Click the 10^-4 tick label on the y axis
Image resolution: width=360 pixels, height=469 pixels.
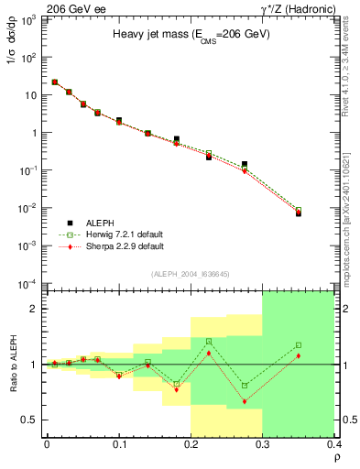(29, 283)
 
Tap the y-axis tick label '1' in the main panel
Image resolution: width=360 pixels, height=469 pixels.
(36, 133)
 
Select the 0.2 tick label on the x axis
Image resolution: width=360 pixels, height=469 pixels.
(191, 444)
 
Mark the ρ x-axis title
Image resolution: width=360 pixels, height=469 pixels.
(335, 458)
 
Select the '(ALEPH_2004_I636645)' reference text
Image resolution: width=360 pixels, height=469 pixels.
(191, 273)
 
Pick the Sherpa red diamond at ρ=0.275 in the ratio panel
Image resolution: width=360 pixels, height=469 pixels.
(245, 402)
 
